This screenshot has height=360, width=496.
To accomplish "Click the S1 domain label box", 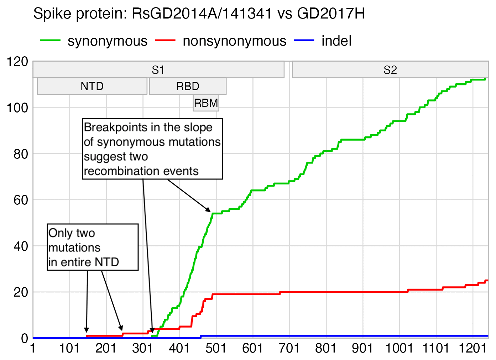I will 158,70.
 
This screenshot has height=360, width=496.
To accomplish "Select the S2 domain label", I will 390,70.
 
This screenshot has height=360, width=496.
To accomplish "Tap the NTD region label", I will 92,86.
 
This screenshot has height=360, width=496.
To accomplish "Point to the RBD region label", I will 188,86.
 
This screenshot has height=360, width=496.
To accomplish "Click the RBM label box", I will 206,103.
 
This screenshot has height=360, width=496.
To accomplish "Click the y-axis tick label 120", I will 17,62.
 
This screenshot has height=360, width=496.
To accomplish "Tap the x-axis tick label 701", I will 289,348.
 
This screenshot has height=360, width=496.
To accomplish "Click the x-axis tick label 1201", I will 472,348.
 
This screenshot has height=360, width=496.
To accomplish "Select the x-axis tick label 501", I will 216,348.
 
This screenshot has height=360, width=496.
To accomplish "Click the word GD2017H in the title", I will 331,14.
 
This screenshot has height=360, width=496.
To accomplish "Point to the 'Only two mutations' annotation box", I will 93,247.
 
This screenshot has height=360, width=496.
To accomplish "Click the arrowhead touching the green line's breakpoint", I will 209,210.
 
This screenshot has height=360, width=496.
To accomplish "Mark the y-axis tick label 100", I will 17,108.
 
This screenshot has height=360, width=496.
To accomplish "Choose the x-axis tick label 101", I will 69,348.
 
